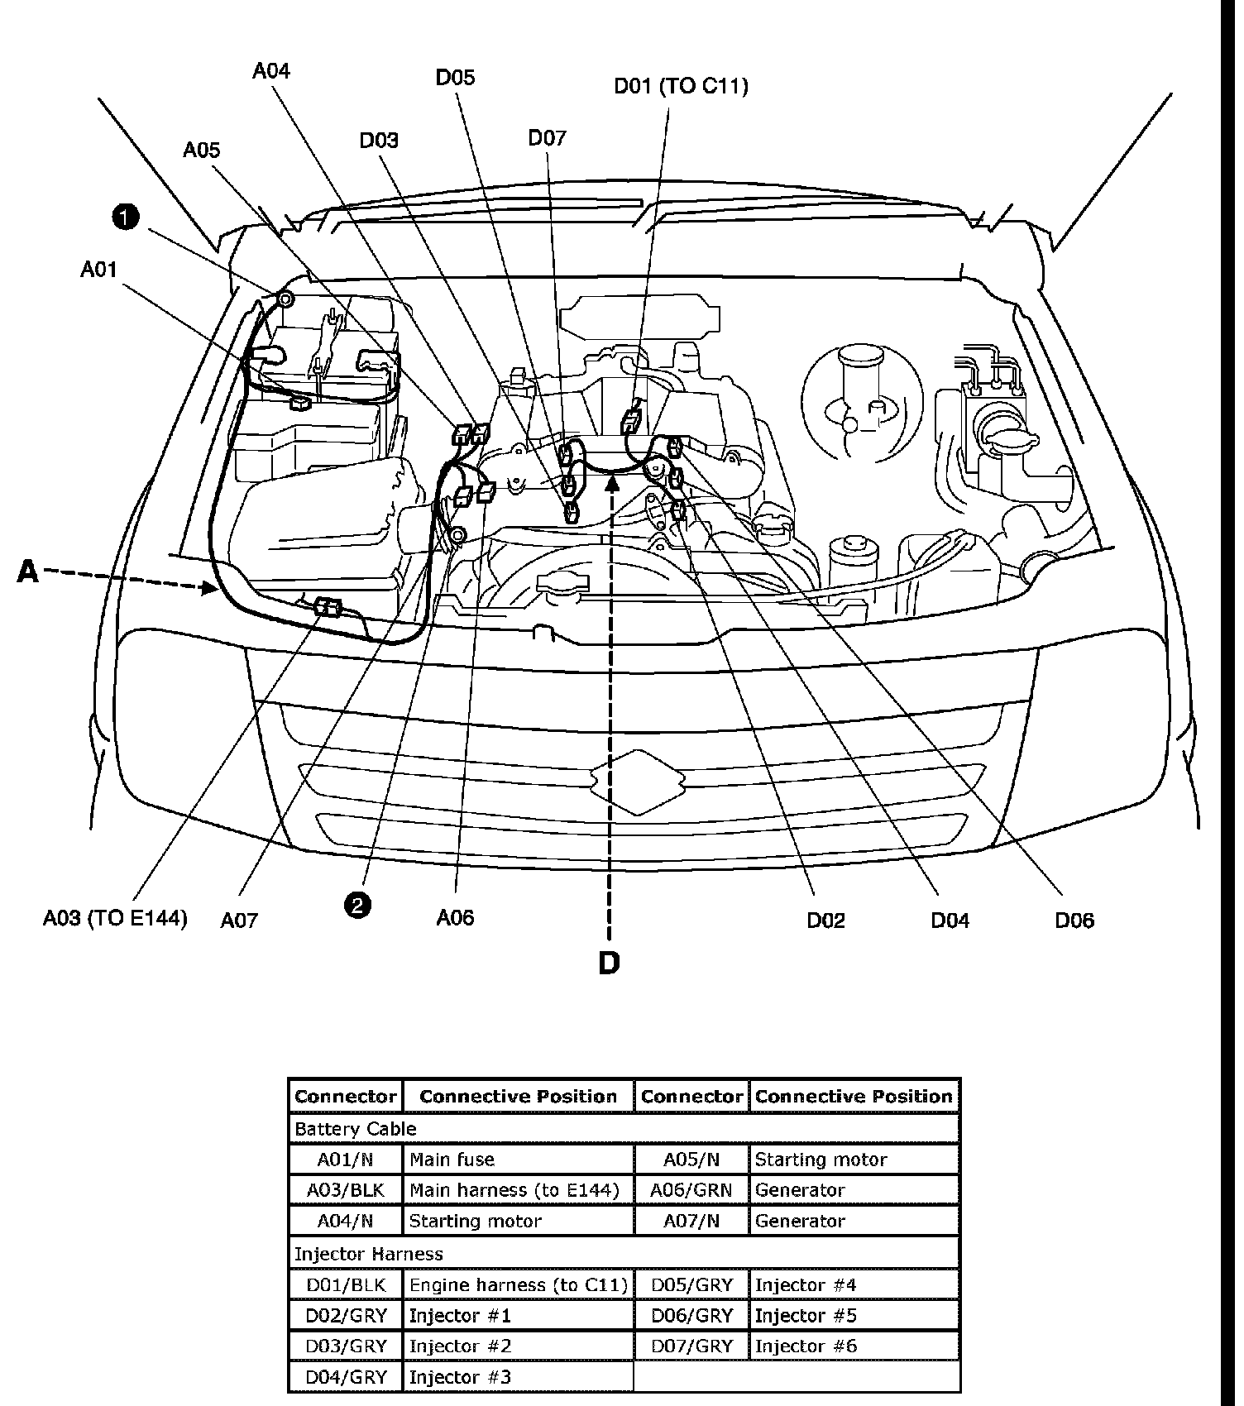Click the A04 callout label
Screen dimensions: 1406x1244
point(271,71)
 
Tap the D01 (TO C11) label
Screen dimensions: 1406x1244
point(681,86)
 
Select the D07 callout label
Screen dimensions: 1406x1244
point(547,138)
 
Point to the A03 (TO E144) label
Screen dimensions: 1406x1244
point(115,918)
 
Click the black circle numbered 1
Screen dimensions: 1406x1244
point(125,218)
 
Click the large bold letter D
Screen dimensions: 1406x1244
point(609,963)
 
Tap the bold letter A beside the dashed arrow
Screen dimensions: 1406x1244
point(28,571)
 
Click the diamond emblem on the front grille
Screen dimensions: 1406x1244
point(637,781)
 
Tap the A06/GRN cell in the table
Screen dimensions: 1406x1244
point(691,1190)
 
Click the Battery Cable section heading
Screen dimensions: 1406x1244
point(356,1129)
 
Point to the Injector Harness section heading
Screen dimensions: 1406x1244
point(369,1254)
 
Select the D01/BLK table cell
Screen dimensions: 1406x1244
point(346,1285)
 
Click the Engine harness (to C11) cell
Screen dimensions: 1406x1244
point(518,1285)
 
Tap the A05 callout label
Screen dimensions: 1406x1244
point(202,150)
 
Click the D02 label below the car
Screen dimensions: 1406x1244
point(825,920)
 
